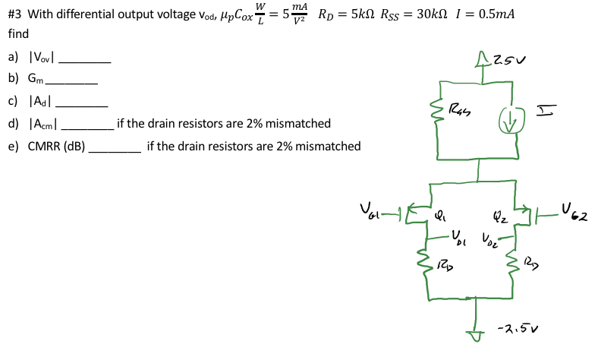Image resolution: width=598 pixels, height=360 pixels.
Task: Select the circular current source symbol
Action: coord(512,116)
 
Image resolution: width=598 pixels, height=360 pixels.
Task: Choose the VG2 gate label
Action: coord(575,210)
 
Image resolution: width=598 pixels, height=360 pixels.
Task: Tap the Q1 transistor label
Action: coord(440,213)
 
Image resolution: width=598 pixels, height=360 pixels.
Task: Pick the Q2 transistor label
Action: coord(498,215)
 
